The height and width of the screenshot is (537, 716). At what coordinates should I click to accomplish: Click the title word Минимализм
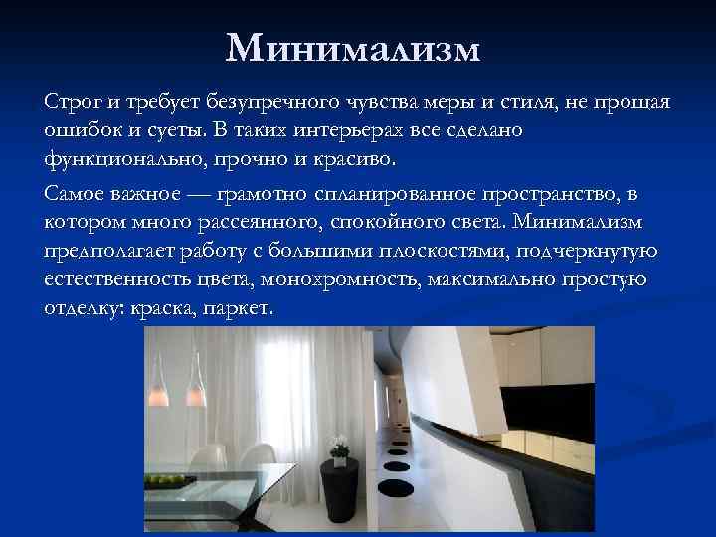[352, 47]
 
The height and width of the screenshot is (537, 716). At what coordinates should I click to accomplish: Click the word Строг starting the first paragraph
[66, 104]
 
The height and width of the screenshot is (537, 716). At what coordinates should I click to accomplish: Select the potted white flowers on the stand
[340, 444]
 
